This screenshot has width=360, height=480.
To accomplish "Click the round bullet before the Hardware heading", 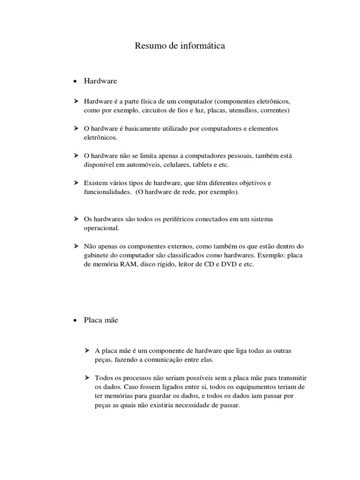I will pyautogui.click(x=75, y=82).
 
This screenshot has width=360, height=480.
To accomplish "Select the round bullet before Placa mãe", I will pyautogui.click(x=75, y=321).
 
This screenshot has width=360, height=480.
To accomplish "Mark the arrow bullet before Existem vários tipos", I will pyautogui.click(x=76, y=182).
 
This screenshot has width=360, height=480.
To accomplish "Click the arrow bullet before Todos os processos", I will pyautogui.click(x=87, y=377).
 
